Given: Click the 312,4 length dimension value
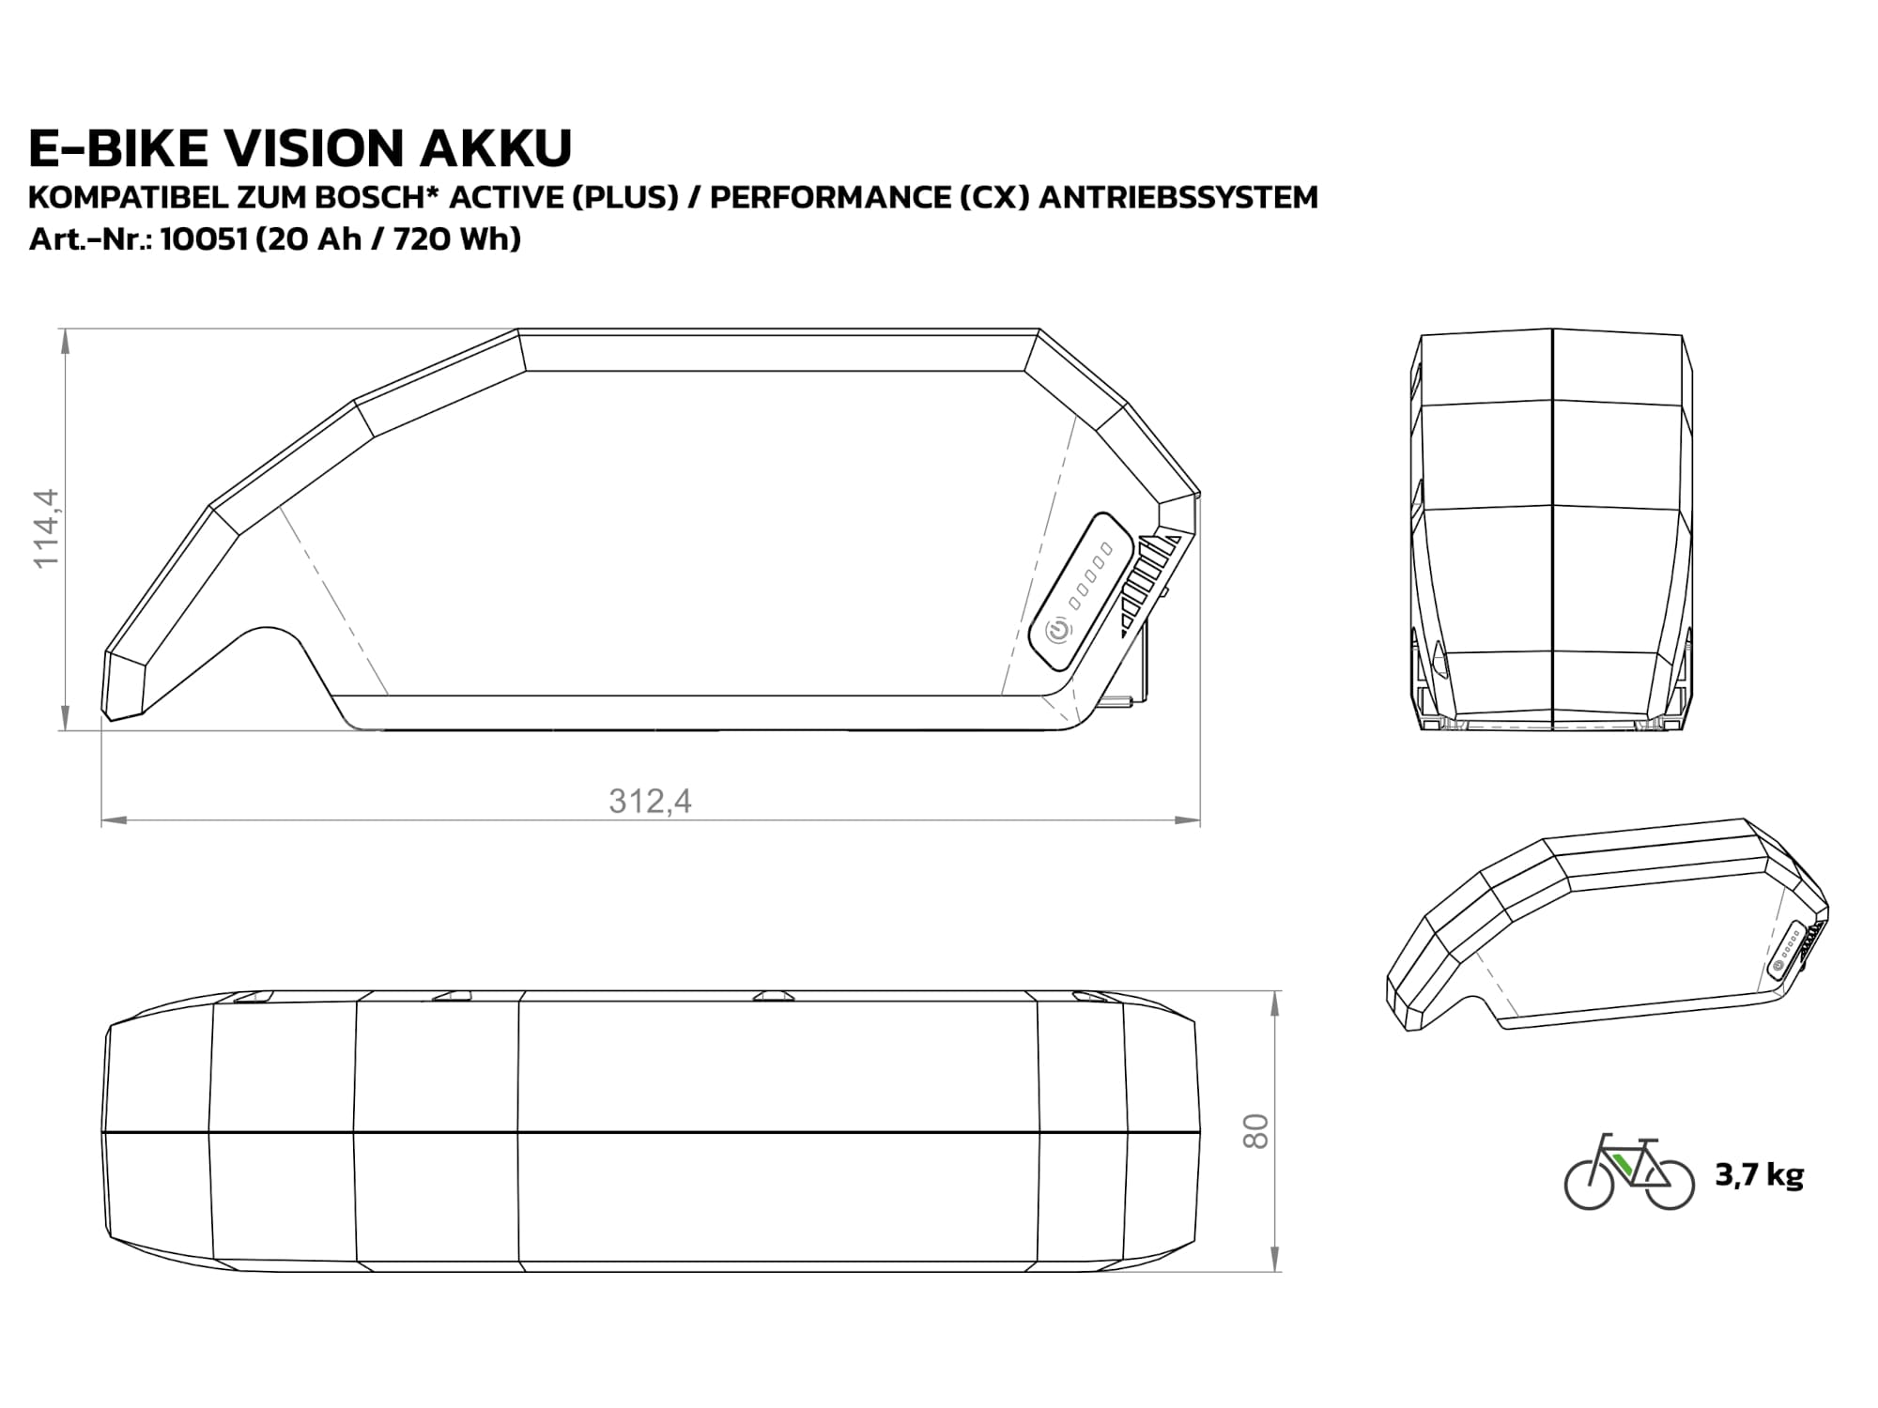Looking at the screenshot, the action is (x=650, y=801).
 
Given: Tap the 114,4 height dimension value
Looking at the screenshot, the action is (x=46, y=528).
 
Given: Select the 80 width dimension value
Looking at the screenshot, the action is (x=1255, y=1131).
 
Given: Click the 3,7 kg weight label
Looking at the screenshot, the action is (x=1759, y=1175).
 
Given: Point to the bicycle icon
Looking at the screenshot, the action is (x=1629, y=1172).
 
